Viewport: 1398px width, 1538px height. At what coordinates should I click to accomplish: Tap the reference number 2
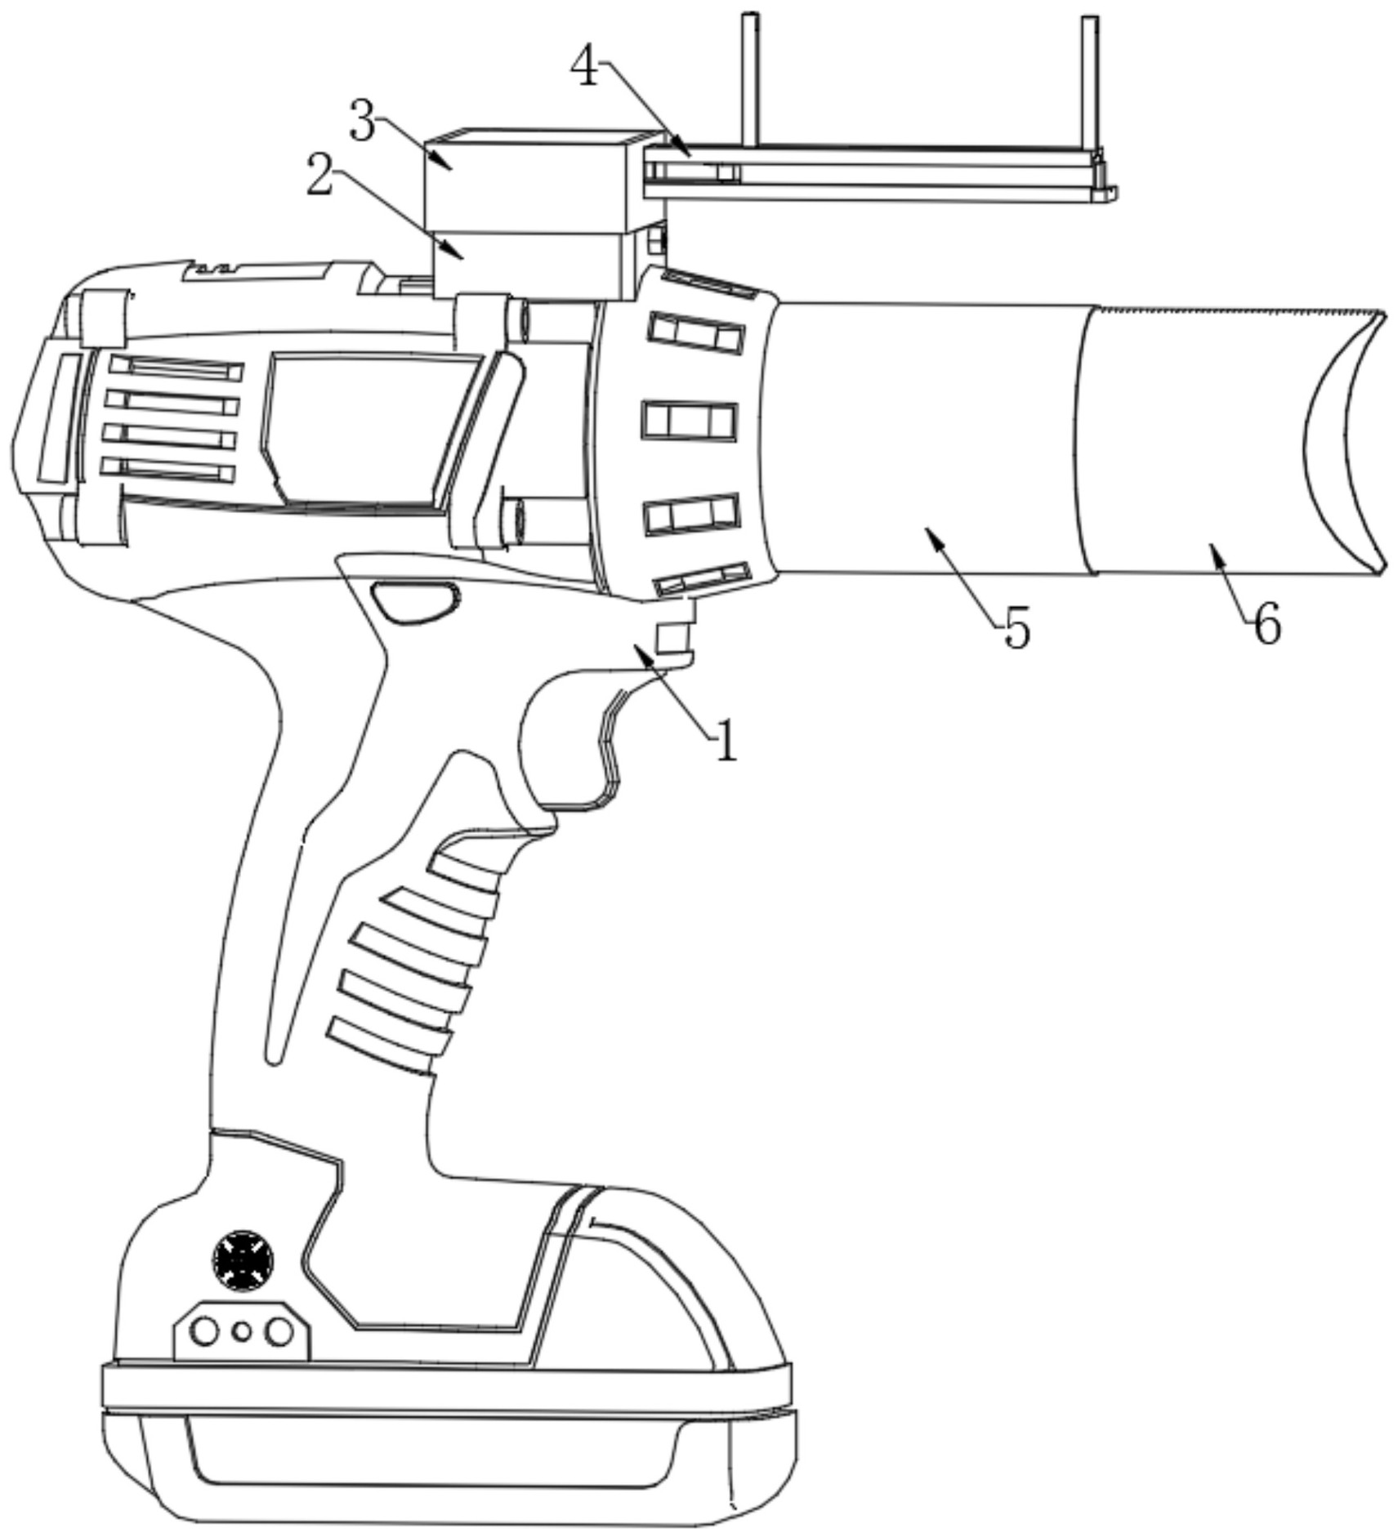point(319,176)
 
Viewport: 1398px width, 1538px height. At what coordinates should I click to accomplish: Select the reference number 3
point(362,121)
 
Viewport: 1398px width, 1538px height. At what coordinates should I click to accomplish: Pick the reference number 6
point(1266,626)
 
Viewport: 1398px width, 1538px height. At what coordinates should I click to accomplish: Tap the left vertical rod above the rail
point(750,78)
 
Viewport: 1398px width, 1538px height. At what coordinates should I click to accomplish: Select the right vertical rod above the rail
point(1089,82)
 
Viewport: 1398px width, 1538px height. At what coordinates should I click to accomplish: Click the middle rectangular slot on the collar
point(689,421)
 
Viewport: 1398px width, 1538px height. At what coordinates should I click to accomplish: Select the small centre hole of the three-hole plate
point(241,1332)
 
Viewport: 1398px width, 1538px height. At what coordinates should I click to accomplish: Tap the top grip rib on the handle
point(466,870)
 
